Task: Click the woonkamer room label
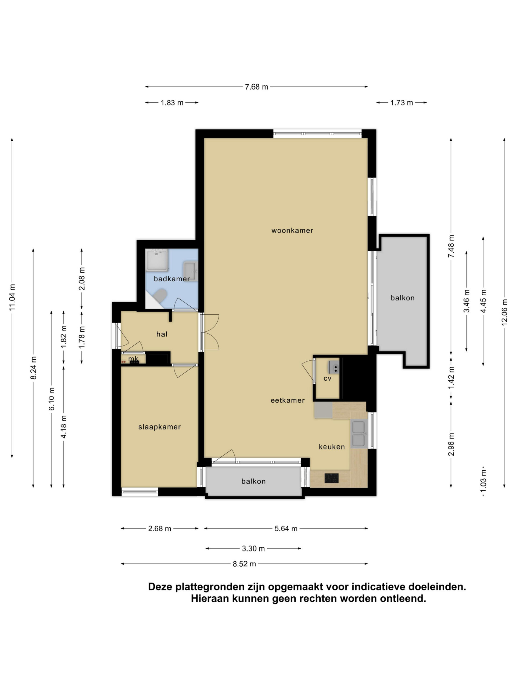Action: [x=292, y=231]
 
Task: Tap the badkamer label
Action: [x=172, y=279]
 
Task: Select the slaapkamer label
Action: [x=160, y=427]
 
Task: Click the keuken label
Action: [x=332, y=447]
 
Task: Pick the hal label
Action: [x=162, y=334]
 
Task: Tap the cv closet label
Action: [x=327, y=378]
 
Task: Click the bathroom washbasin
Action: [x=190, y=271]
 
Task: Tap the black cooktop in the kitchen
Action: [x=332, y=478]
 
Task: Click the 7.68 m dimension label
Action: [x=256, y=87]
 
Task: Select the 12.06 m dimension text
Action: [x=504, y=312]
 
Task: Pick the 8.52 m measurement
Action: [x=244, y=564]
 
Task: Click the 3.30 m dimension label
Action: [x=253, y=549]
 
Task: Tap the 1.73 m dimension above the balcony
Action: [x=402, y=103]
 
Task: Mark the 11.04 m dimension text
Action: [x=12, y=297]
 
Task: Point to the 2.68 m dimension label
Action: [x=160, y=529]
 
